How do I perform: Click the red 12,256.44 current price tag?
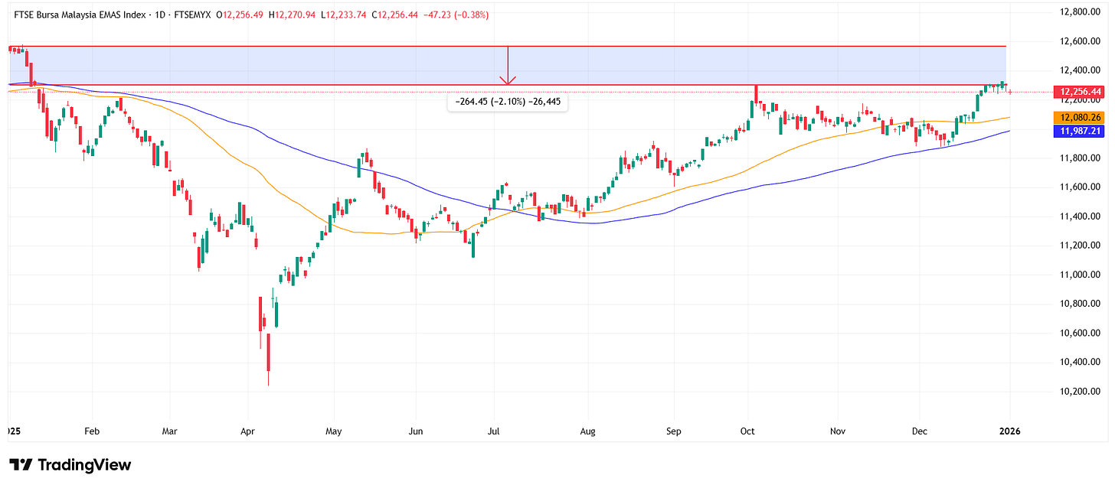point(1079,92)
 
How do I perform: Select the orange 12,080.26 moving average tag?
point(1079,118)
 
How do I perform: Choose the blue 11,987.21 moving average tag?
point(1079,131)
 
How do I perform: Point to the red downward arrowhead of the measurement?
point(508,80)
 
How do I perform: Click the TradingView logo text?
point(70,465)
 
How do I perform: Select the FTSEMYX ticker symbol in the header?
point(188,15)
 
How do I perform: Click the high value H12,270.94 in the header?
point(292,15)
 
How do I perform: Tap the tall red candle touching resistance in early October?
point(756,94)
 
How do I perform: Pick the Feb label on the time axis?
point(93,431)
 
